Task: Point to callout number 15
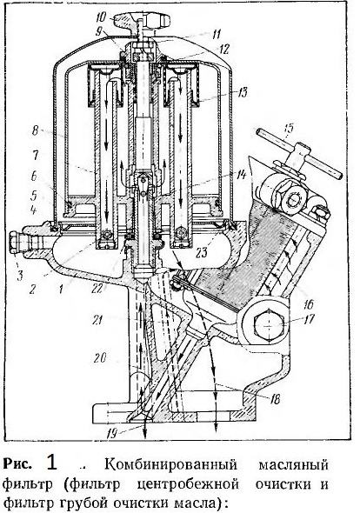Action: point(290,129)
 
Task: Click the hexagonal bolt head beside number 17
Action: point(269,324)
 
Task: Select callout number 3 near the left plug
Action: point(20,275)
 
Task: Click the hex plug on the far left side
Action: point(16,243)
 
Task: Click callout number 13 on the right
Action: point(242,92)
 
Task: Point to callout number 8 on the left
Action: point(35,131)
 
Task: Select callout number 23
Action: point(203,251)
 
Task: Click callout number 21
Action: point(98,319)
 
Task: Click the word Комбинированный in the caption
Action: point(170,464)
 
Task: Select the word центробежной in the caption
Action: point(187,484)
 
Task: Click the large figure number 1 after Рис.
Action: point(52,463)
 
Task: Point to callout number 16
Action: point(308,304)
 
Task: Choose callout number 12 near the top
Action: point(223,49)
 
